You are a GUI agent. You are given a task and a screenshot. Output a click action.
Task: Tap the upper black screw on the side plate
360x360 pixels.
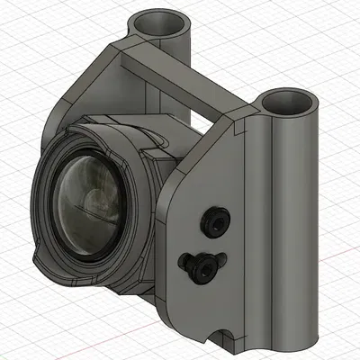pos(216,221)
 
